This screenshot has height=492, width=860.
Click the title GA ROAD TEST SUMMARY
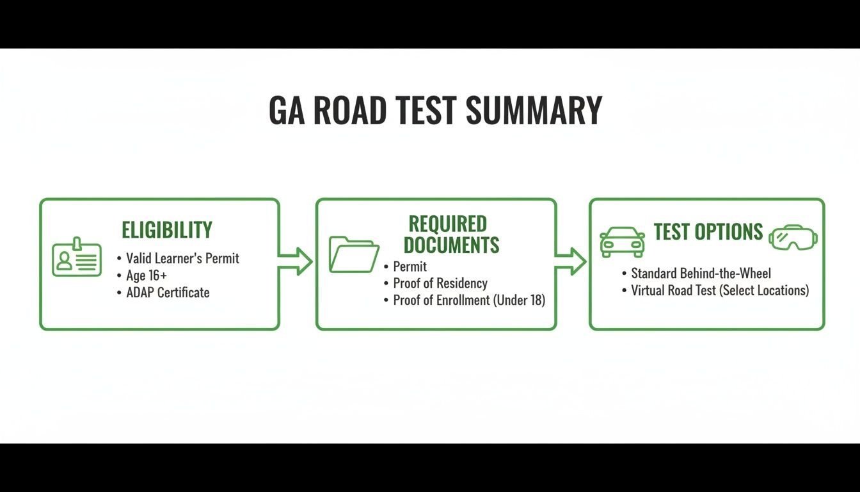coord(435,110)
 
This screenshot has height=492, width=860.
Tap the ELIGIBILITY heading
coord(166,229)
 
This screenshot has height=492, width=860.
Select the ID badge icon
coord(77,258)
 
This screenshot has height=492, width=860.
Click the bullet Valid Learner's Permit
coord(182,258)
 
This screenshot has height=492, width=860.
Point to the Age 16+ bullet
coord(147,275)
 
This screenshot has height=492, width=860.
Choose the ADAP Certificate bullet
coord(168,293)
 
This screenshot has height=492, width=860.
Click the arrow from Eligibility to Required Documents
coord(296,261)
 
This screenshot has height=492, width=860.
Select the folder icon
coord(354,254)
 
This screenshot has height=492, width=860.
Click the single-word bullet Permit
coord(410,266)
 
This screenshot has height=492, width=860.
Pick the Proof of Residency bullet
coord(440,283)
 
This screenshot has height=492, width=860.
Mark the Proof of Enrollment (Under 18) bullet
coord(469,300)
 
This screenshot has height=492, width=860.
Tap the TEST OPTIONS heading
coord(708,231)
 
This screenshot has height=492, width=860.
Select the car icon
coord(621,242)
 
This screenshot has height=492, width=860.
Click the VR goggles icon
coord(793,238)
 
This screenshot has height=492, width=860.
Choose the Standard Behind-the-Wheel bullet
coord(701,274)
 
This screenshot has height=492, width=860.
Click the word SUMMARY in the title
coord(534,110)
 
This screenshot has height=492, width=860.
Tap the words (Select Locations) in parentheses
coord(765,291)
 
